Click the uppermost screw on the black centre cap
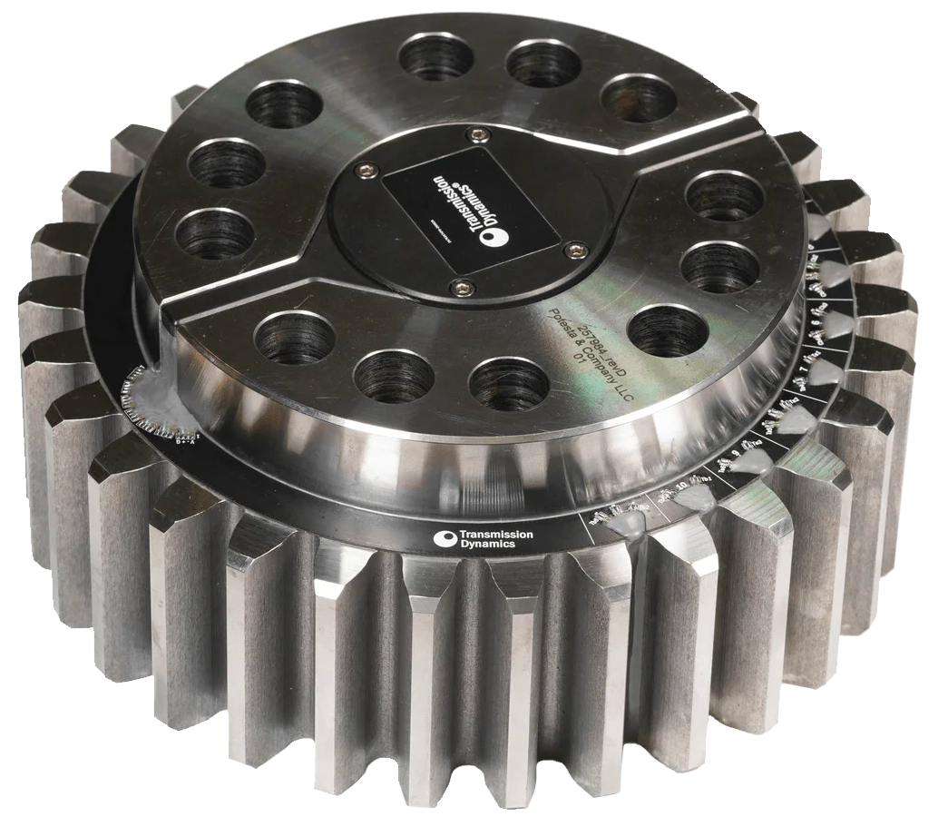point(473,135)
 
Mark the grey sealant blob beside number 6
point(840,323)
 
